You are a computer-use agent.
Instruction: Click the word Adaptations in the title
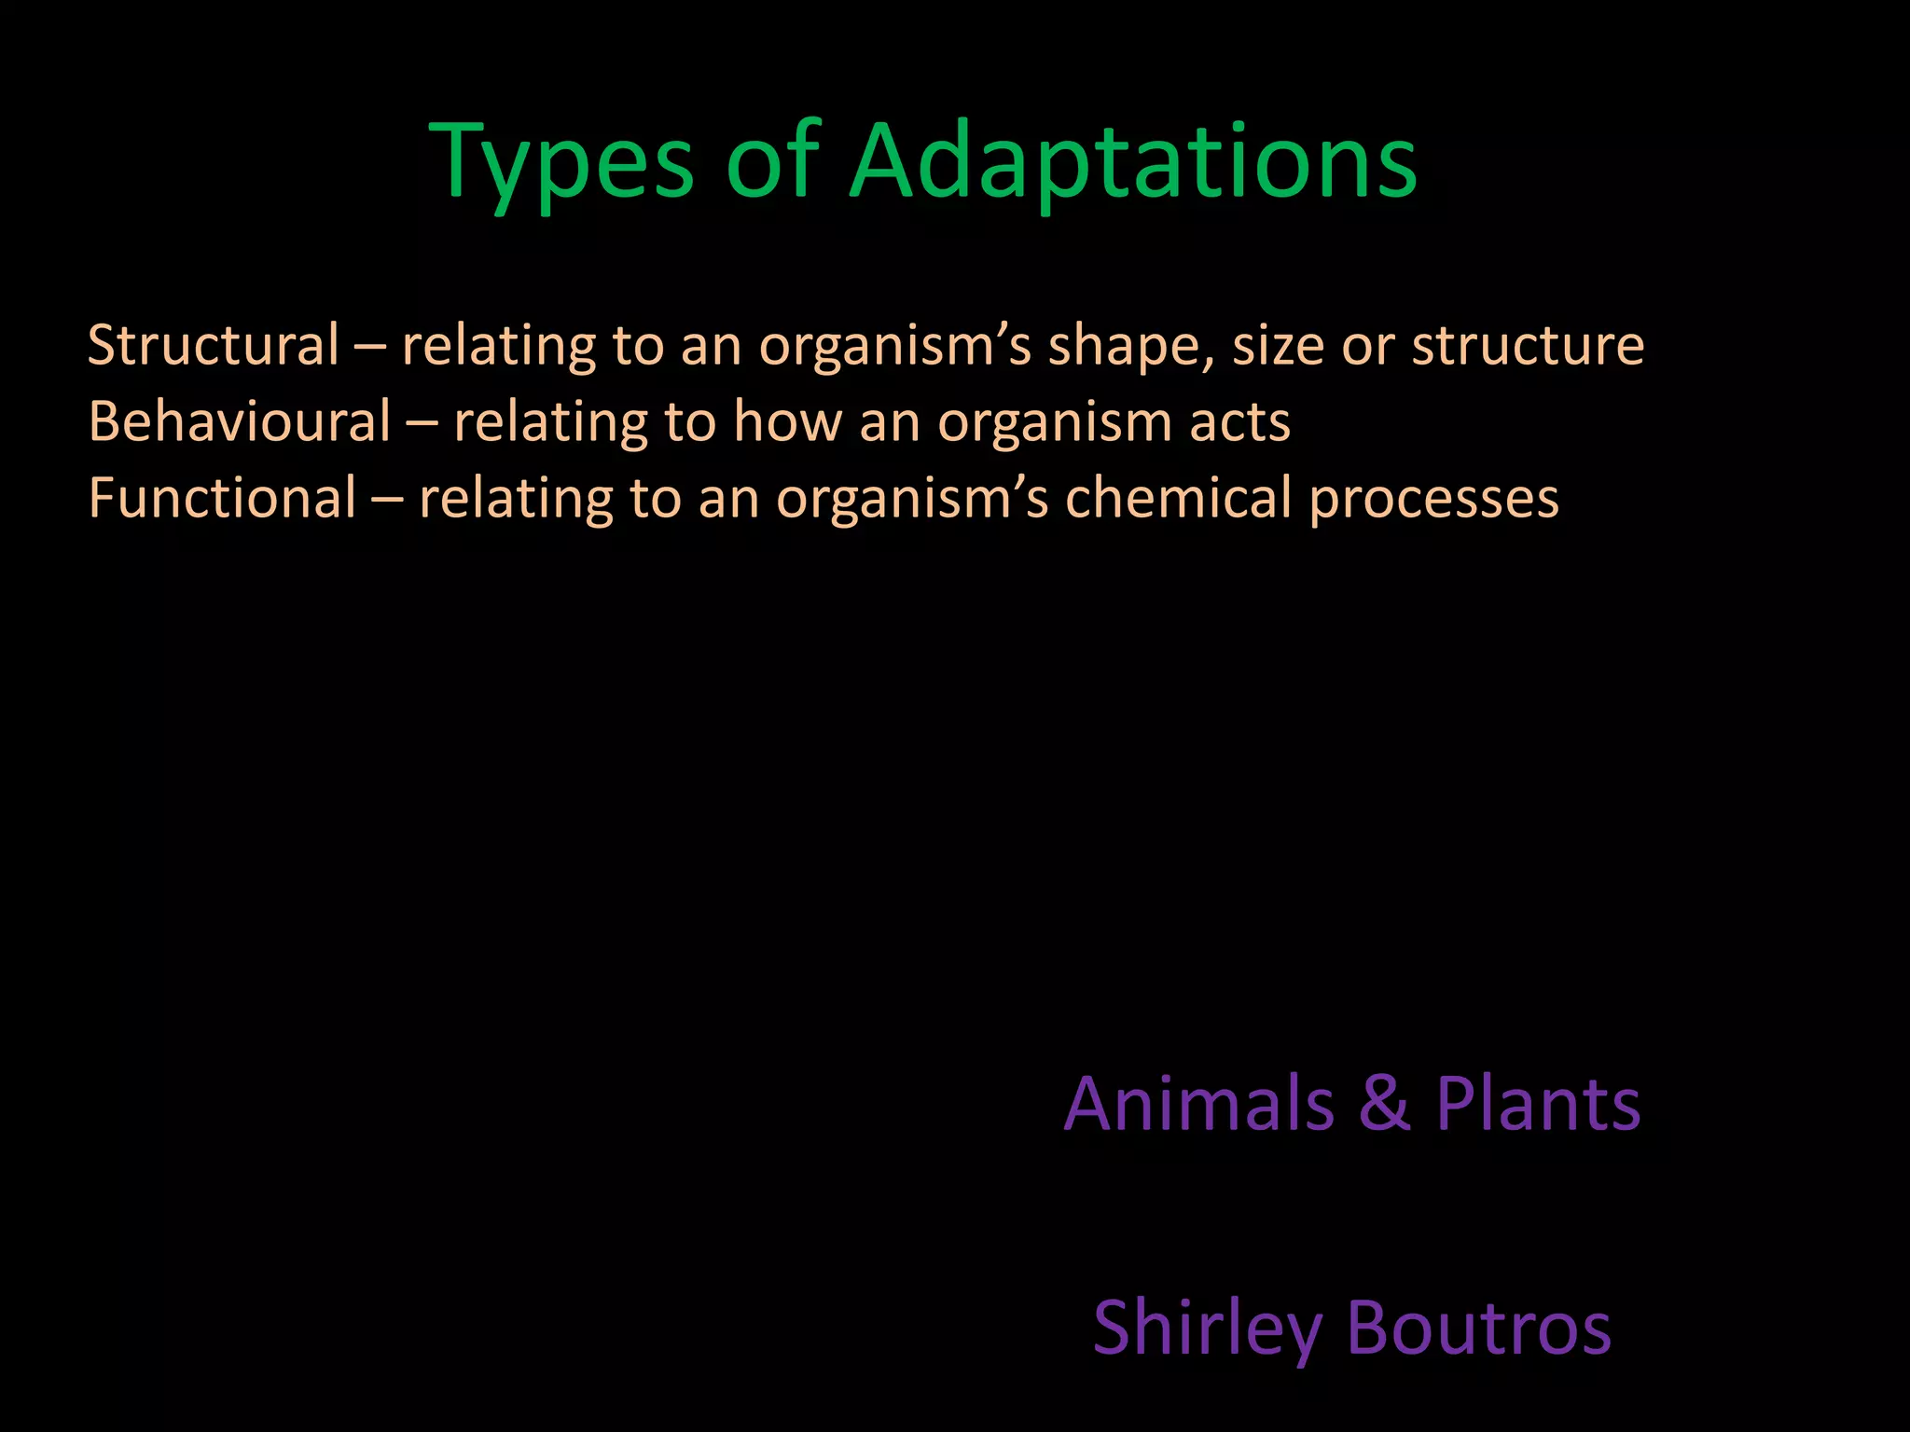(1133, 163)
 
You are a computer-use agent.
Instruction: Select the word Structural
(214, 345)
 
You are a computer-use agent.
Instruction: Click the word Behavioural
(240, 421)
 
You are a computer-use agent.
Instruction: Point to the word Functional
(222, 498)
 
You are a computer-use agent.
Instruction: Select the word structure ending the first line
(1528, 347)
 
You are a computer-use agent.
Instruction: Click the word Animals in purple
(1199, 1104)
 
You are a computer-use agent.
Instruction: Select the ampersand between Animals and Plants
(1385, 1104)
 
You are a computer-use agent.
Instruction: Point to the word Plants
(1538, 1104)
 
